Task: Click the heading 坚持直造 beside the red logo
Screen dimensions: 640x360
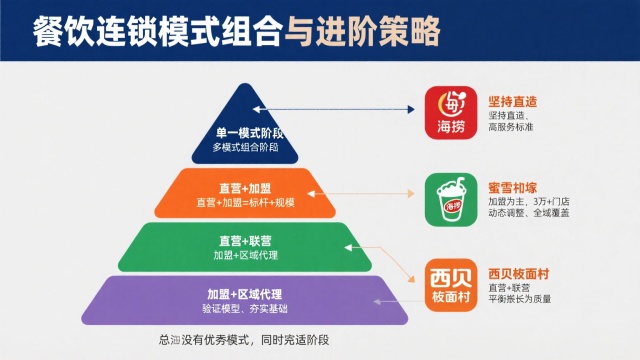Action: tap(511, 98)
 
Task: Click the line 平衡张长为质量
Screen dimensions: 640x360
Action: tap(519, 298)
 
